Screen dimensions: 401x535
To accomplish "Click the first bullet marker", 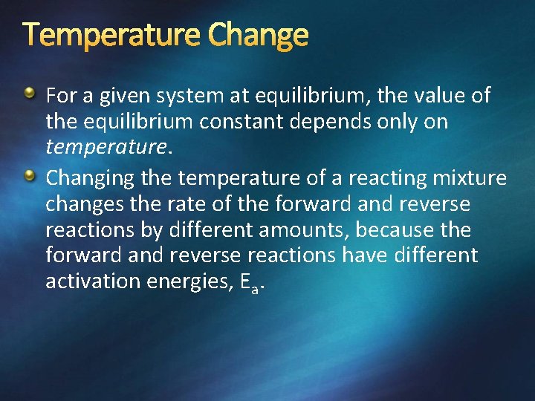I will tap(29, 94).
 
